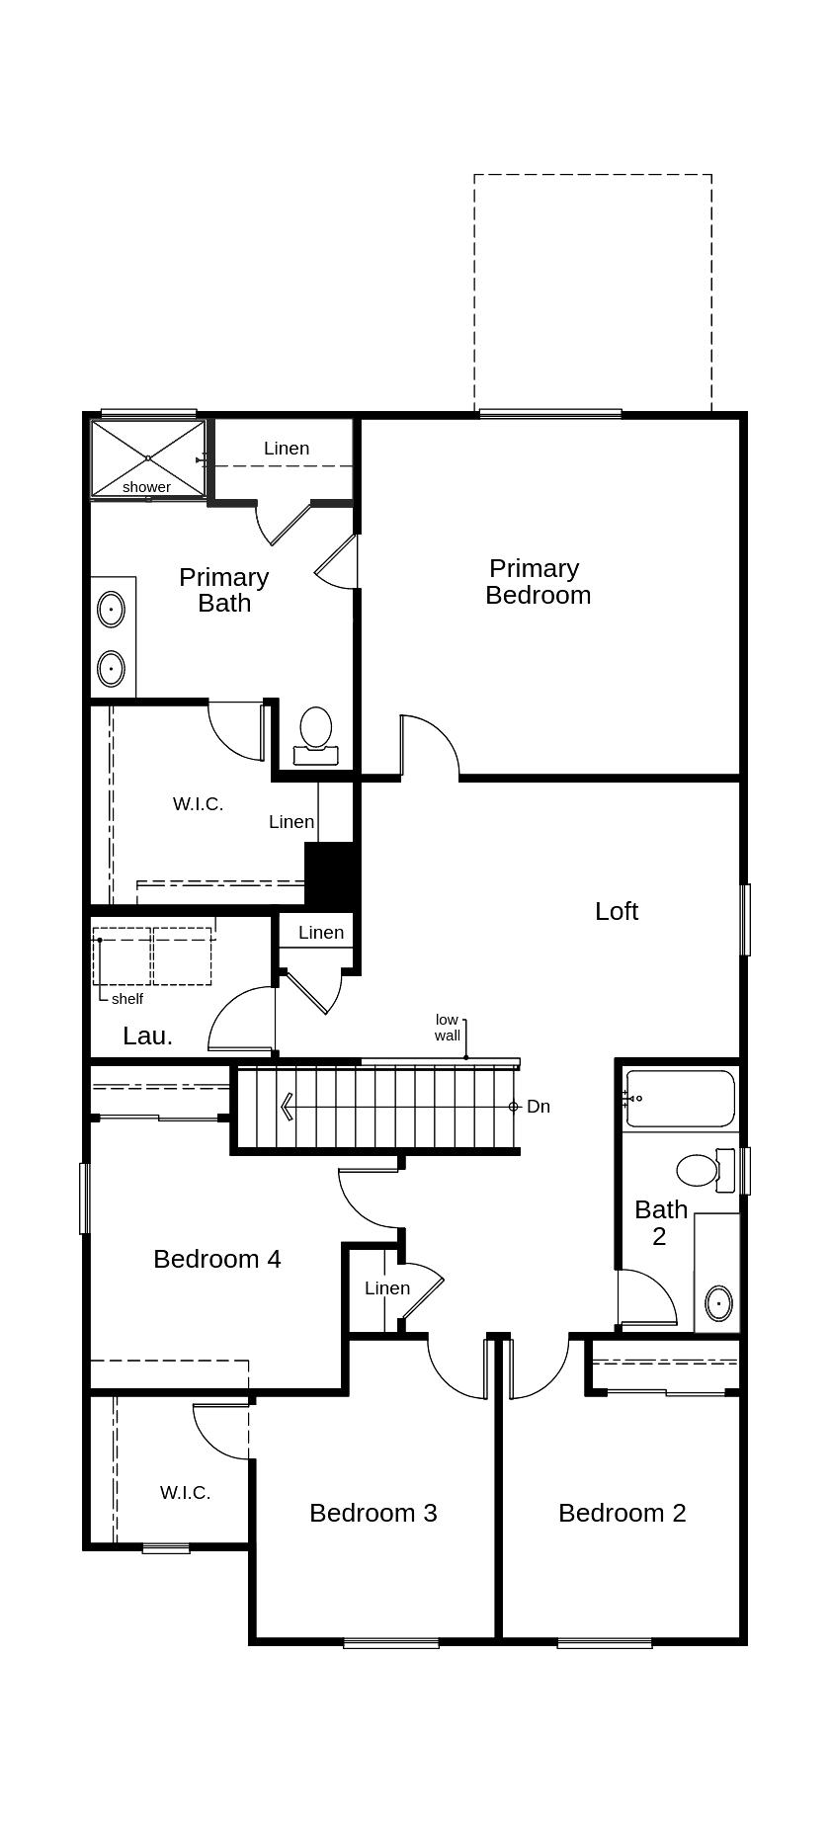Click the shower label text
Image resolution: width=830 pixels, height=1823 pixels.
click(x=146, y=487)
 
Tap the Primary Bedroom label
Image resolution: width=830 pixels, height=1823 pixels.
click(x=537, y=581)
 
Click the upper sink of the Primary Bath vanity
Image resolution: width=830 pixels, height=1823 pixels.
click(x=112, y=610)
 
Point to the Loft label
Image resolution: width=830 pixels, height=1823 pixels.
click(x=616, y=911)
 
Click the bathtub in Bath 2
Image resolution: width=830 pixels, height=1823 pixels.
click(x=681, y=1099)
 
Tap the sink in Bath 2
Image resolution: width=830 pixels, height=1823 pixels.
click(x=718, y=1303)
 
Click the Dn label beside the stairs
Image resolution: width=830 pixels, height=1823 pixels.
click(x=538, y=1107)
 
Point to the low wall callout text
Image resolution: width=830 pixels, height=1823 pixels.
click(x=448, y=1028)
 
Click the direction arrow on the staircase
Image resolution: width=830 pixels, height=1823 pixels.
click(x=287, y=1107)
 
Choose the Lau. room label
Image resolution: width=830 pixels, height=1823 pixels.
click(x=148, y=1036)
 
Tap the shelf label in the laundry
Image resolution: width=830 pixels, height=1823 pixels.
click(x=127, y=999)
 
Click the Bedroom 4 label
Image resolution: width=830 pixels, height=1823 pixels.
click(x=216, y=1259)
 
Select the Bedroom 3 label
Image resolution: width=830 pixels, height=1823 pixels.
click(x=373, y=1513)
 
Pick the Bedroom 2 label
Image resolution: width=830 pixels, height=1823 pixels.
click(x=622, y=1513)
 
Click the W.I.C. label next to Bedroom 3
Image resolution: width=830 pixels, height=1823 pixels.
click(x=185, y=1493)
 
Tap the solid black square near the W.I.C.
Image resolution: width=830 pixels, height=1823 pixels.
click(x=329, y=873)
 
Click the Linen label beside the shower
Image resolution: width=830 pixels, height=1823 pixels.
click(x=287, y=449)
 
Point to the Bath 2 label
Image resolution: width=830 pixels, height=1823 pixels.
click(x=660, y=1222)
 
